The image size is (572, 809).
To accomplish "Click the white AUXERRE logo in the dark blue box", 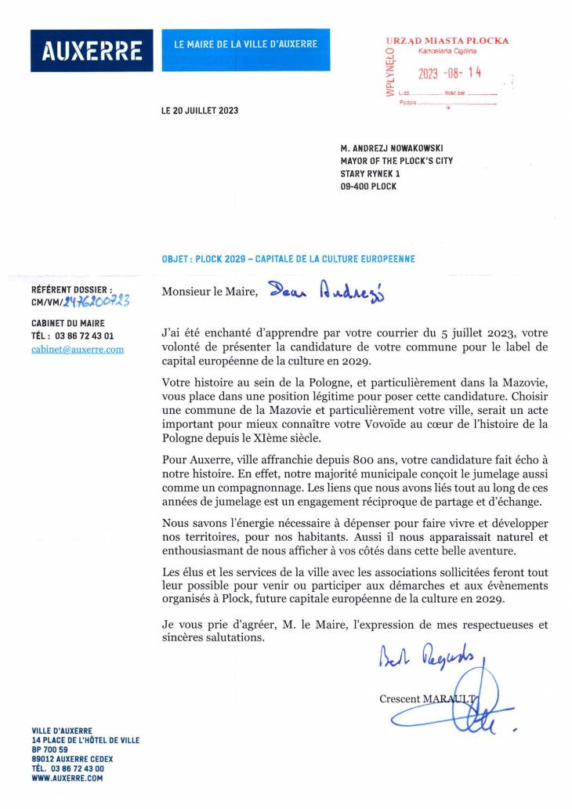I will [x=92, y=51].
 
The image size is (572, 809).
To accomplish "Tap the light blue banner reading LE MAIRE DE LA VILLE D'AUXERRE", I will [x=245, y=45].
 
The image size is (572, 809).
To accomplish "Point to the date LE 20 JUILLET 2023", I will [x=200, y=111].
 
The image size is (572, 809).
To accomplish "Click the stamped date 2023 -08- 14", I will [x=449, y=74].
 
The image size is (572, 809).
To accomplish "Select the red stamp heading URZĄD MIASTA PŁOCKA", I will [x=447, y=41].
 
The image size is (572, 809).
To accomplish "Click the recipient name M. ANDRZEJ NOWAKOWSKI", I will [x=390, y=147].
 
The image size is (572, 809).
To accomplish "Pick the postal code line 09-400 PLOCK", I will [x=368, y=187].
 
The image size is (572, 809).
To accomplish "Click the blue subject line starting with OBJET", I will [x=288, y=259].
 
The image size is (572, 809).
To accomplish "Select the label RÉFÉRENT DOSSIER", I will [x=72, y=289].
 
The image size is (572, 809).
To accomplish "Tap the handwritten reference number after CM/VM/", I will [x=97, y=300].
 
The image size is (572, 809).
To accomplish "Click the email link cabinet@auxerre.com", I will [x=78, y=350].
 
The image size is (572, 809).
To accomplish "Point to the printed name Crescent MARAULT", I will [x=427, y=698].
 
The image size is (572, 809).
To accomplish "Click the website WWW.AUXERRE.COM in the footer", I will [x=67, y=778].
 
